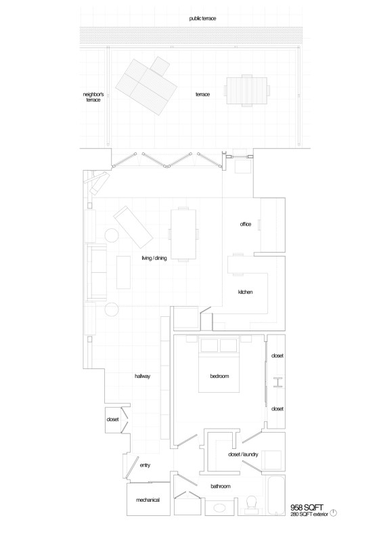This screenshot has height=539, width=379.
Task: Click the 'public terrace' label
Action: click(202, 18)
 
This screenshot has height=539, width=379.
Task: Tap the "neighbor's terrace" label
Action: click(93, 97)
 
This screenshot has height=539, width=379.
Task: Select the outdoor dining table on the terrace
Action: click(247, 91)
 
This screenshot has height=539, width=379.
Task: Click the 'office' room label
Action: click(246, 224)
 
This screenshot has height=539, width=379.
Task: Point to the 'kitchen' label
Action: click(246, 292)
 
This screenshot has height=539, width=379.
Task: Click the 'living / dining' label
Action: click(154, 258)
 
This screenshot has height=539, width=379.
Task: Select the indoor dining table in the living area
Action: click(183, 234)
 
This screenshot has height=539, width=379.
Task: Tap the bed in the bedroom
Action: click(219, 366)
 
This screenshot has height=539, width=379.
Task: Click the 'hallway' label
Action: click(142, 376)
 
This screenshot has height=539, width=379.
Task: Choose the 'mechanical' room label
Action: click(148, 500)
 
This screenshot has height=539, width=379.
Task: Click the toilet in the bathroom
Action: click(252, 504)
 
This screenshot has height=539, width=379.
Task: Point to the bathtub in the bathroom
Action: click(276, 496)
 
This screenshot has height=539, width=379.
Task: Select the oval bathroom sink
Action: click(219, 507)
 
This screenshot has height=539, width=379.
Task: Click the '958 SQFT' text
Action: click(307, 507)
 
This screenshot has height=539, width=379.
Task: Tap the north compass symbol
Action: click(333, 513)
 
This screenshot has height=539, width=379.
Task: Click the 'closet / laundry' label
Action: click(243, 454)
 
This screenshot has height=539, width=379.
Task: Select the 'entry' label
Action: click(145, 465)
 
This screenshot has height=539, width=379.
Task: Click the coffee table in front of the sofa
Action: click(123, 272)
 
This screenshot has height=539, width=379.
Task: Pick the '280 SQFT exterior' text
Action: click(309, 514)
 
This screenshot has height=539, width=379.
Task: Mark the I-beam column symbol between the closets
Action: click(278, 382)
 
